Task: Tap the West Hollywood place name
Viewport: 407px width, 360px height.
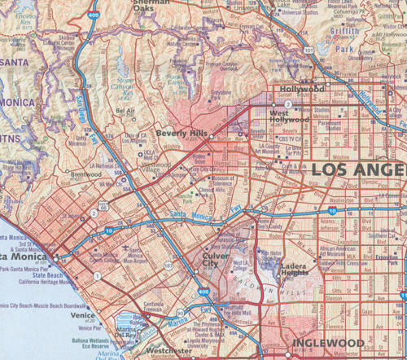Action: pyautogui.click(x=291, y=117)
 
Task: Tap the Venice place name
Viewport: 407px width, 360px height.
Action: pyautogui.click(x=83, y=314)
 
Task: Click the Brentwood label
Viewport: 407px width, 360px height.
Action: pyautogui.click(x=86, y=174)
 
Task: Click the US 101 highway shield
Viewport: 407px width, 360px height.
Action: pyautogui.click(x=309, y=50)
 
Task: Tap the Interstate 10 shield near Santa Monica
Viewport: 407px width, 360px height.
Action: pyautogui.click(x=110, y=231)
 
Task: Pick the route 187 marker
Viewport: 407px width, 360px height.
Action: pyautogui.click(x=168, y=266)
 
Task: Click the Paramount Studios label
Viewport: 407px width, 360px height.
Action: pyautogui.click(x=335, y=124)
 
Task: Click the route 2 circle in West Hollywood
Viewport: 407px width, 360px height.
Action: pyautogui.click(x=287, y=104)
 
